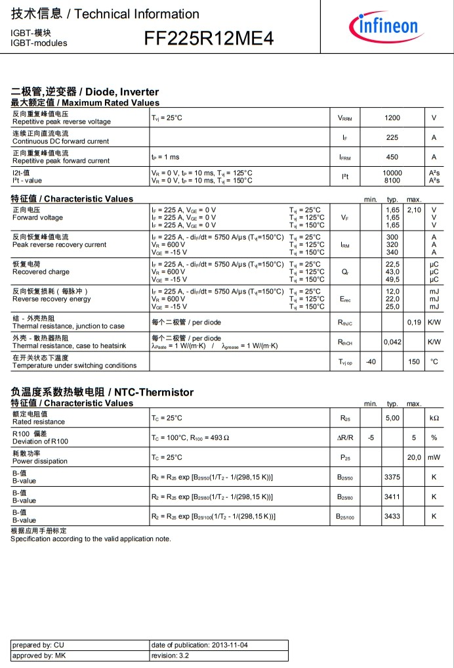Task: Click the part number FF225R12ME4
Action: pos(209,39)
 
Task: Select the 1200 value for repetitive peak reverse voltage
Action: pos(392,118)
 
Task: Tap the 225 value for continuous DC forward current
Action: pos(392,138)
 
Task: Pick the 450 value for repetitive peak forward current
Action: pos(392,158)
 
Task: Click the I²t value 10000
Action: pos(392,173)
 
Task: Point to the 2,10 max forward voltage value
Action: pos(413,210)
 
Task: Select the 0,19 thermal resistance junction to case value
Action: pos(414,323)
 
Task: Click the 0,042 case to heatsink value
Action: pos(392,342)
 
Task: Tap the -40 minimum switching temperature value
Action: pos(371,362)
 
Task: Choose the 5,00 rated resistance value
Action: pos(392,418)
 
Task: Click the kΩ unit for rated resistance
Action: pos(434,418)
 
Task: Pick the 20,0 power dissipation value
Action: pos(414,457)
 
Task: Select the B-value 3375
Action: pos(392,478)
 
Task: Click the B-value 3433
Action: pos(392,517)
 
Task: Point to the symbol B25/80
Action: pos(345,498)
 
